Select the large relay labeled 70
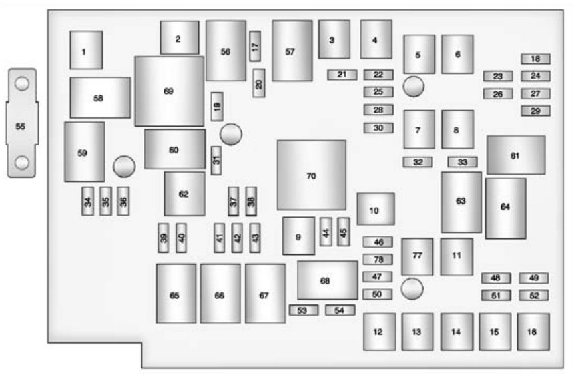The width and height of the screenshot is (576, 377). [311, 175]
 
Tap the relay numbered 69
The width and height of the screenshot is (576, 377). [168, 91]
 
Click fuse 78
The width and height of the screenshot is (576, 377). [378, 259]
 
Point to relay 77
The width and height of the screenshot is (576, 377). [417, 256]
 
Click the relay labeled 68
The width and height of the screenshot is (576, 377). [326, 280]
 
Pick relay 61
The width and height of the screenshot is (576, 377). [515, 155]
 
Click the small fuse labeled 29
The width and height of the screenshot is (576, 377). [535, 111]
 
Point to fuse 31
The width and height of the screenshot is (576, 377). [216, 160]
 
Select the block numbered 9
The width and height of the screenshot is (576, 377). [298, 236]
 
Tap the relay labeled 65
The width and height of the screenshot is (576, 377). [176, 294]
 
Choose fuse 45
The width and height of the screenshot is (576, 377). [343, 231]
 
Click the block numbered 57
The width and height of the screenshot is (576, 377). [292, 51]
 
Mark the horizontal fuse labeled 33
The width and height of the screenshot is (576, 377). [462, 161]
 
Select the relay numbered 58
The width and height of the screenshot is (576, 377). [99, 97]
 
